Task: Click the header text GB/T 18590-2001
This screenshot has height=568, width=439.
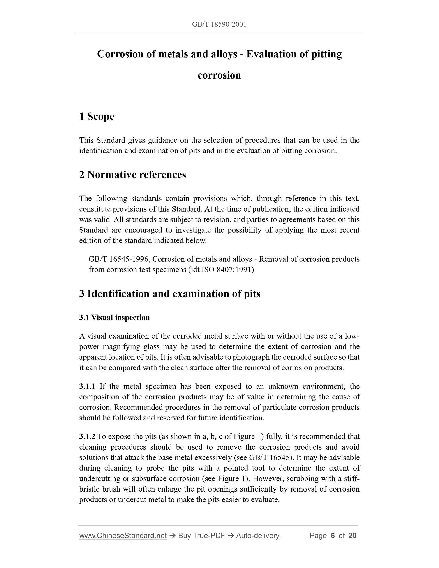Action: pos(219,24)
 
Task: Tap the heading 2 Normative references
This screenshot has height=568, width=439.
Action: pos(133,175)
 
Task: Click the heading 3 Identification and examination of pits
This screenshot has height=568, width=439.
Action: pos(170,294)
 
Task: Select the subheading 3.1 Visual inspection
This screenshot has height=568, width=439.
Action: pos(114,318)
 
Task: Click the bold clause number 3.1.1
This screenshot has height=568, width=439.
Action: pos(87,386)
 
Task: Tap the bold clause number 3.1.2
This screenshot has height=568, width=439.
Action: pos(87,436)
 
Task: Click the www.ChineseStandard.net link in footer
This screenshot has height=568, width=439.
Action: pos(123,536)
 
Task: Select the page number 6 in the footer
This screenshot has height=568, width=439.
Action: pos(332,536)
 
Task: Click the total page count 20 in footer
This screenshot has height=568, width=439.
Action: pos(352,536)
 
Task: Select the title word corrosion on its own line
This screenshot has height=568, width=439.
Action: pos(219,75)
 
